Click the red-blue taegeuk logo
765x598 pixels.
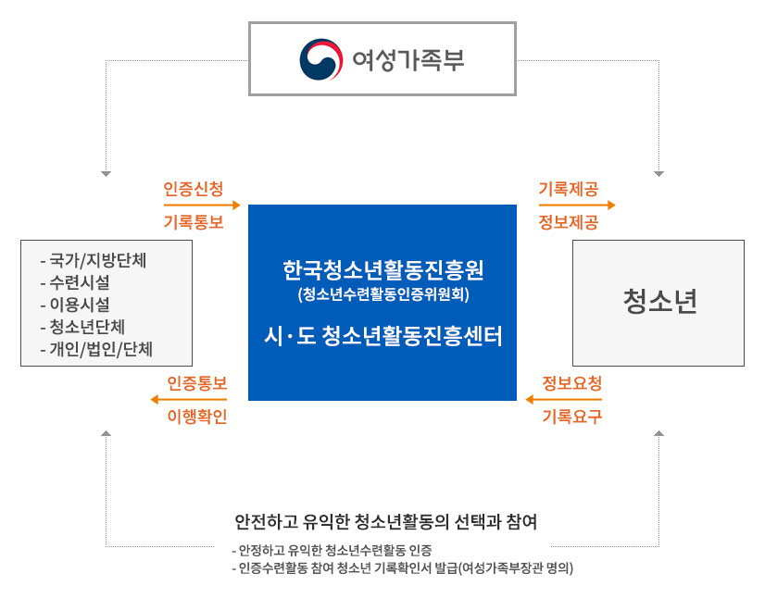[x=321, y=59]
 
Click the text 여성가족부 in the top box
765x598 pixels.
[x=408, y=60]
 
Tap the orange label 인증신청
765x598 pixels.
[x=194, y=189]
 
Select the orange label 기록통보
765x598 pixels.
[x=194, y=222]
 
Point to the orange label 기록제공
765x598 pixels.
[x=569, y=189]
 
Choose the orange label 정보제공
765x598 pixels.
[x=569, y=222]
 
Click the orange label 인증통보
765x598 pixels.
[x=197, y=383]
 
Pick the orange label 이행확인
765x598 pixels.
[x=197, y=417]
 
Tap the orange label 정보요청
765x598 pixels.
[x=572, y=383]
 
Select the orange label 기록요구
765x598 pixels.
[x=572, y=417]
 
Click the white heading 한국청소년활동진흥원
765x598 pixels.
[x=383, y=270]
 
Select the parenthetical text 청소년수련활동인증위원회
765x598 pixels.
[x=383, y=294]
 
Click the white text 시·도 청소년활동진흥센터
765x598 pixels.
[x=383, y=336]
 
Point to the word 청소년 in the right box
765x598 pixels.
[x=659, y=301]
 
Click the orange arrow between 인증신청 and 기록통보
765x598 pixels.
[x=202, y=205]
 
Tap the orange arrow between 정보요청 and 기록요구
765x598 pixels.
[x=563, y=400]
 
